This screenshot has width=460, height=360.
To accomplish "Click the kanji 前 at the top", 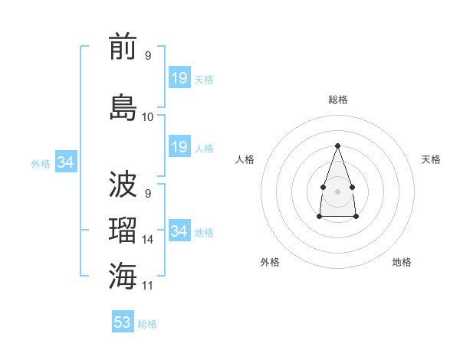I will coord(123,47).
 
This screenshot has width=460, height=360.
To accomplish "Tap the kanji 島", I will coord(123,106).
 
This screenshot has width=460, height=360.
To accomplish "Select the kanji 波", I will coord(123,185).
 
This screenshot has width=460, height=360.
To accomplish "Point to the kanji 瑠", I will coord(123,231).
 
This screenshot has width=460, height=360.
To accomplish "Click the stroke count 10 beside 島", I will coord(148,116).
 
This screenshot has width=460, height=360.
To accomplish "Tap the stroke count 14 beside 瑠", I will coord(148,240).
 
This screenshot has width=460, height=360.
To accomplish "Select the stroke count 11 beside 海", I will coord(148,286).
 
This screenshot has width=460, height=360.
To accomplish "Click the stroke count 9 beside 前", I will coord(148,56).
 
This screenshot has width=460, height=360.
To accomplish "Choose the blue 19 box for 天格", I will coord(179,77).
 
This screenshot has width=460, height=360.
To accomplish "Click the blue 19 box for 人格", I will coord(179,146).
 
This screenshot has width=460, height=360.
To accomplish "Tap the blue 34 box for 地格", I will coord(179,231).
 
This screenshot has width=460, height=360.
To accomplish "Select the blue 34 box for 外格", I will coord(66,162).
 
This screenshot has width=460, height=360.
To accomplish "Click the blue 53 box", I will coord(123,322).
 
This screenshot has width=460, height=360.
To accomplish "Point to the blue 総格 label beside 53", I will coord(147,324).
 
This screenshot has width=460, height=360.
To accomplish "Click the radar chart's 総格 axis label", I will coord(338,100).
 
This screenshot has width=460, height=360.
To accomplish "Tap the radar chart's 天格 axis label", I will coord(431,159).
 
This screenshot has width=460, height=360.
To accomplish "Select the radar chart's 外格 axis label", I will coord(270,262).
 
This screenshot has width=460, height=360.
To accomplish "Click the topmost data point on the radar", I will coord(337,145).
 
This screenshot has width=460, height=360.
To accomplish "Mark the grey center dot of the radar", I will coord(337,190).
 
